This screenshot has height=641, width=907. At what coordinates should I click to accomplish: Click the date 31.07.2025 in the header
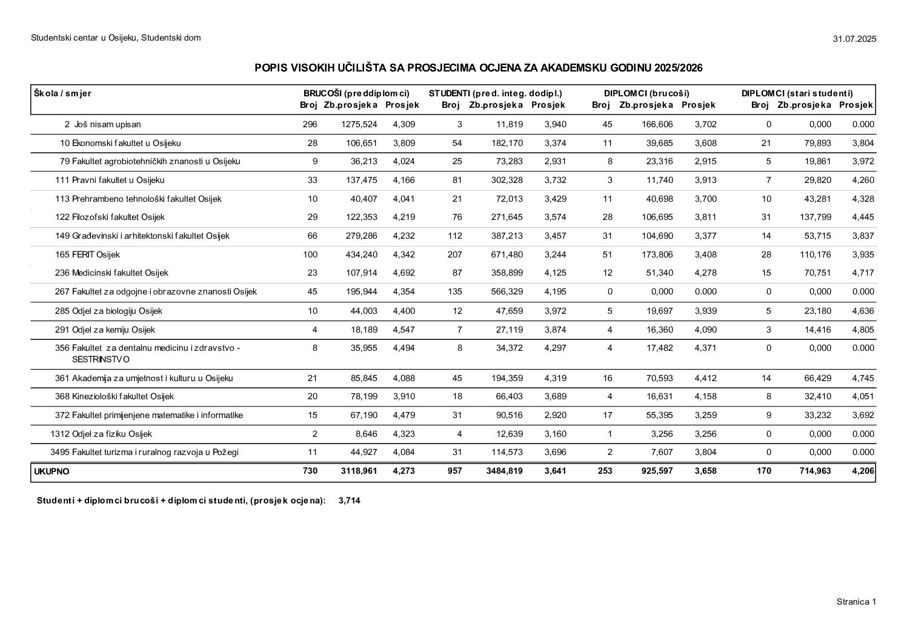click(x=854, y=39)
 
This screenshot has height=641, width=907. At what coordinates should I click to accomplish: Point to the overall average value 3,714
click(x=350, y=500)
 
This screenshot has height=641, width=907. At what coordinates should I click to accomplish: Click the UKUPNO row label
click(x=52, y=471)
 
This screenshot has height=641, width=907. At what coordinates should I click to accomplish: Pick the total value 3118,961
click(x=357, y=471)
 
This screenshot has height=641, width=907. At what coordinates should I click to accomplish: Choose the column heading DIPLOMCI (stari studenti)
click(x=797, y=93)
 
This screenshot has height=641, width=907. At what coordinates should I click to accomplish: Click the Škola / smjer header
click(x=62, y=93)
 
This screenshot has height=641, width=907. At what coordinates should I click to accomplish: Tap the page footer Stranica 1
click(x=856, y=602)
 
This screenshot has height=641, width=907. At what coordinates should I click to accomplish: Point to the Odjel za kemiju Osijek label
click(x=113, y=330)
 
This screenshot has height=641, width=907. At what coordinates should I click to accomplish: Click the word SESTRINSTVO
click(x=101, y=359)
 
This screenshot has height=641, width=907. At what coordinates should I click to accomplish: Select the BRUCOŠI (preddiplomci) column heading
click(x=356, y=93)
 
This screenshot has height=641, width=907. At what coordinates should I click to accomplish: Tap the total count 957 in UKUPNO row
click(x=454, y=471)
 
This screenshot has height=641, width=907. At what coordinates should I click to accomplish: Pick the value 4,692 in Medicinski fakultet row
click(x=404, y=273)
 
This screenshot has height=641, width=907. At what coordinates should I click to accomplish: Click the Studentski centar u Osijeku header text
click(x=116, y=38)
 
